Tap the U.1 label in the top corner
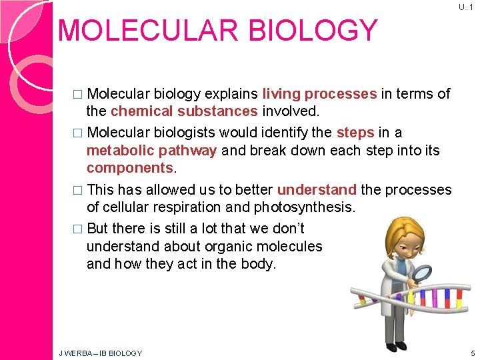click(464, 7)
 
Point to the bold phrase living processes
click(319, 94)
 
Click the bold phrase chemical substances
click(184, 111)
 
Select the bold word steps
click(355, 133)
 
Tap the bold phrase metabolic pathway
click(151, 150)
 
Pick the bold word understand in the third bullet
click(317, 190)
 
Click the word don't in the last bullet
click(285, 229)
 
